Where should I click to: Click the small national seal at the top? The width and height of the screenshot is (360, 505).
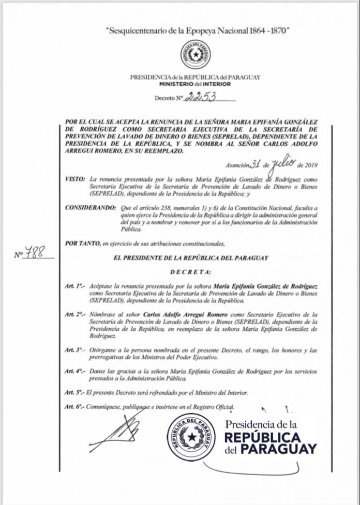(x=196, y=55)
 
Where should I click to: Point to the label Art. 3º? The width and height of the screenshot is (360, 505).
(x=74, y=350)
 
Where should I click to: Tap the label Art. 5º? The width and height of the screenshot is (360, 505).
(x=74, y=392)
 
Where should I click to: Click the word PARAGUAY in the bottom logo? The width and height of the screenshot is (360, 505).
(x=279, y=449)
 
